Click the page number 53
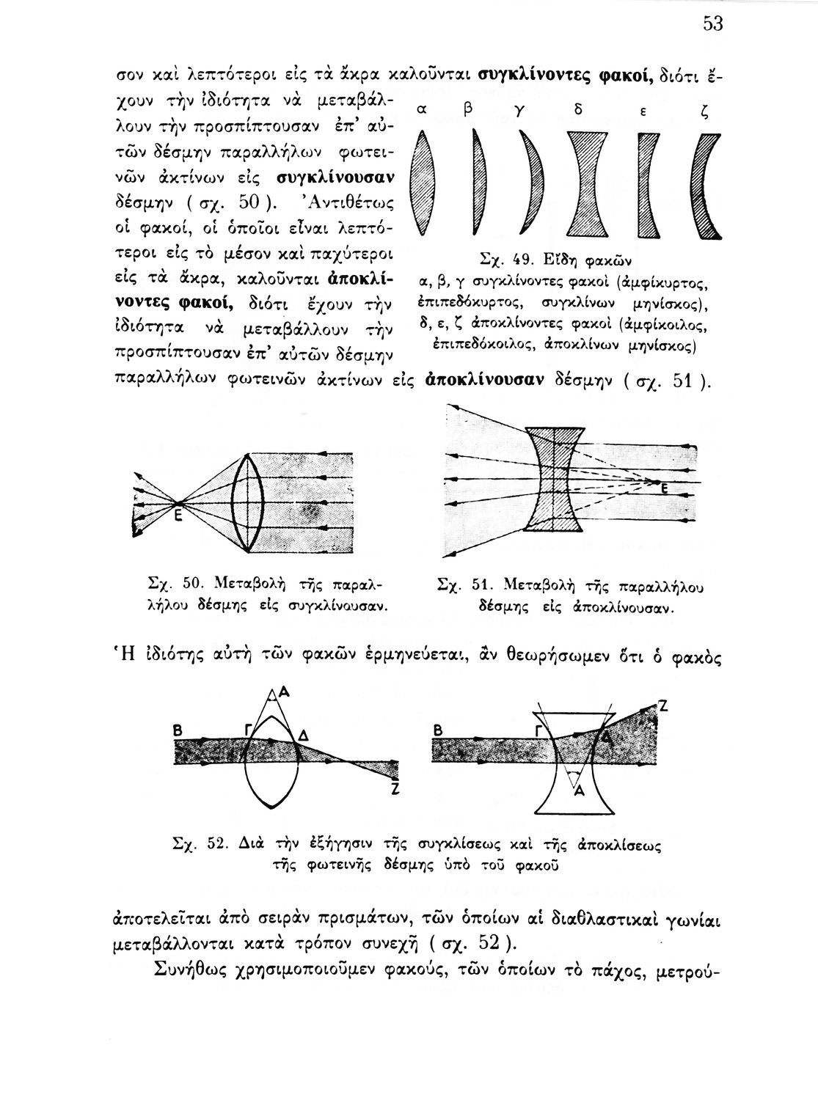[x=713, y=24]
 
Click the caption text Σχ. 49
[x=500, y=261]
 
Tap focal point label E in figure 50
[x=177, y=516]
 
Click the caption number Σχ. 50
[x=174, y=586]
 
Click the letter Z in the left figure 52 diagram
[x=395, y=790]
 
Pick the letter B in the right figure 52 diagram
[x=437, y=730]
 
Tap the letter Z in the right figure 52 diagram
[x=662, y=706]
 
